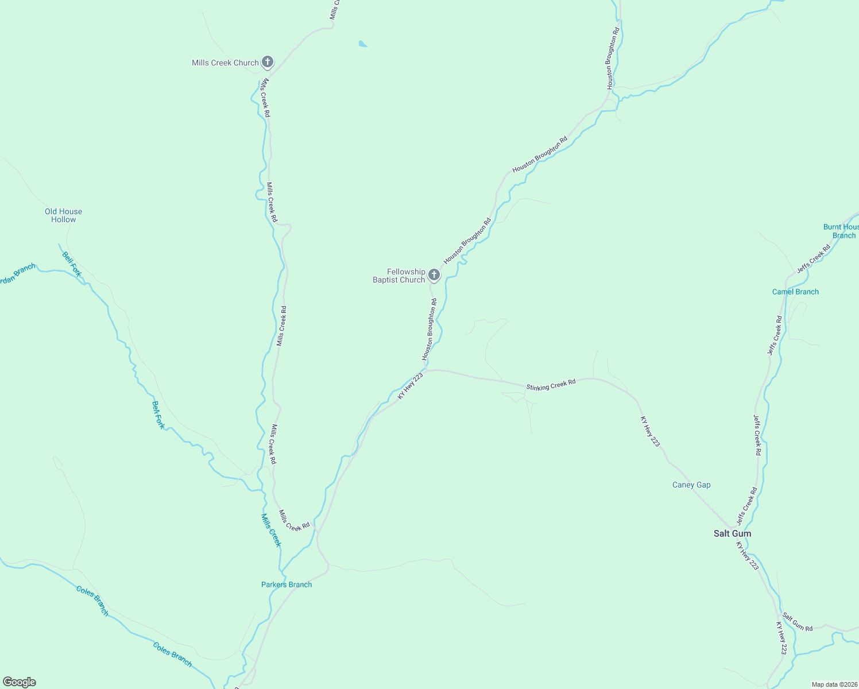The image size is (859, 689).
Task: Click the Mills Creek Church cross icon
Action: click(x=267, y=61)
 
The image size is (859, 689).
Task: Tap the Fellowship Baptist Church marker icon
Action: click(x=434, y=275)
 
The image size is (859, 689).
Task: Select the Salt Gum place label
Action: click(x=732, y=533)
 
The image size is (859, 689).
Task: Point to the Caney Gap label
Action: click(x=691, y=485)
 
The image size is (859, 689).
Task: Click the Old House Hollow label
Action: click(x=63, y=215)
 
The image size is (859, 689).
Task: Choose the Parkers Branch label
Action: click(x=287, y=585)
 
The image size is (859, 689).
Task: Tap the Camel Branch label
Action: click(x=795, y=292)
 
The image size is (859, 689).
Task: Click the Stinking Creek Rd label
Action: click(x=551, y=385)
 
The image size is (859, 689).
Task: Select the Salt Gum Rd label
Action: click(x=798, y=622)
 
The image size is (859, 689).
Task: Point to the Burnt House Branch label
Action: click(x=842, y=231)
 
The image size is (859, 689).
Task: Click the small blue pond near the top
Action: click(x=362, y=43)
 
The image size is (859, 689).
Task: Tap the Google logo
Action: click(x=20, y=682)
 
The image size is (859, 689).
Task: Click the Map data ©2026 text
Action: click(x=833, y=684)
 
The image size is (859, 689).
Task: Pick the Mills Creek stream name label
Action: click(x=271, y=530)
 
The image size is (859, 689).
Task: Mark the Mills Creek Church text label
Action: click(x=225, y=63)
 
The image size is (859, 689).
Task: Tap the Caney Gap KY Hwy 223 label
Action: click(x=651, y=432)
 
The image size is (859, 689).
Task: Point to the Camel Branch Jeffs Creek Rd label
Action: click(x=775, y=335)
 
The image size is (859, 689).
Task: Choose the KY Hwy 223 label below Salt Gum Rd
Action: click(x=781, y=638)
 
